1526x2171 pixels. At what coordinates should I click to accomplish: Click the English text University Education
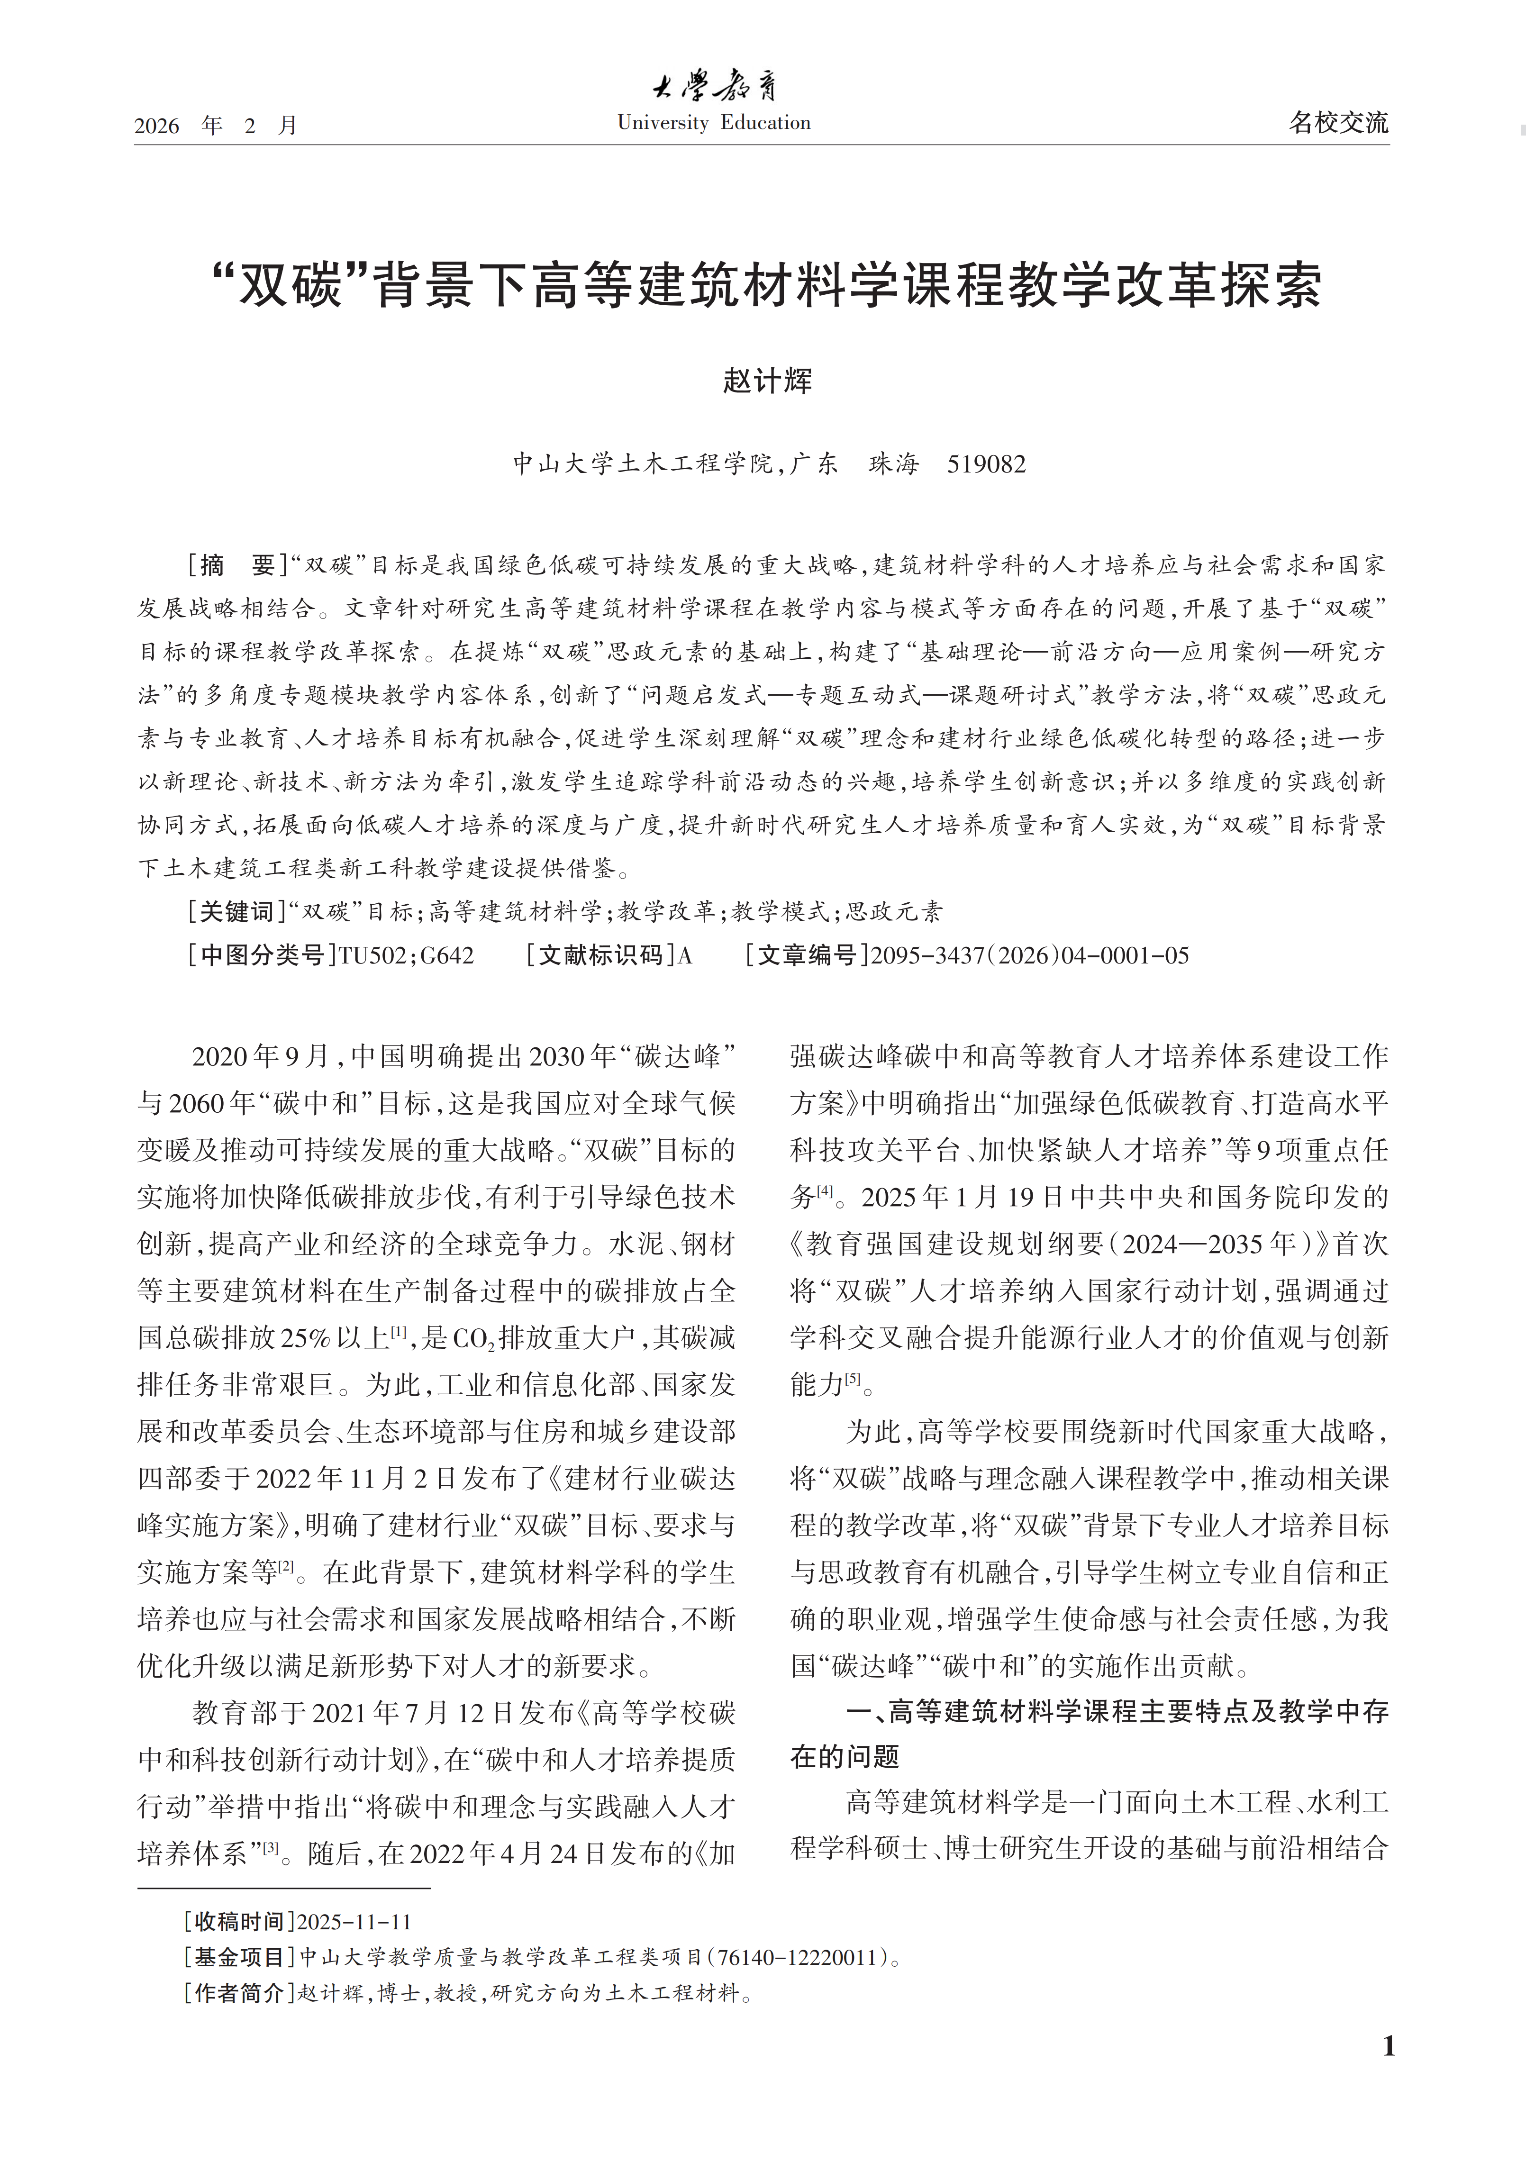pyautogui.click(x=714, y=123)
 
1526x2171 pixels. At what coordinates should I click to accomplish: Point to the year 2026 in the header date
pyautogui.click(x=157, y=126)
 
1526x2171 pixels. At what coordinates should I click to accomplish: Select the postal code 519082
pyautogui.click(x=986, y=464)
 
